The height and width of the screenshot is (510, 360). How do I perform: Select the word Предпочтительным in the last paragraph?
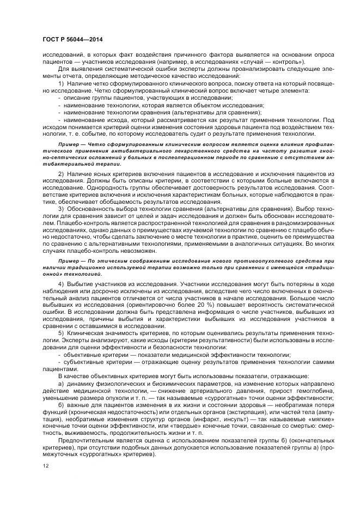[x=88, y=439]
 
